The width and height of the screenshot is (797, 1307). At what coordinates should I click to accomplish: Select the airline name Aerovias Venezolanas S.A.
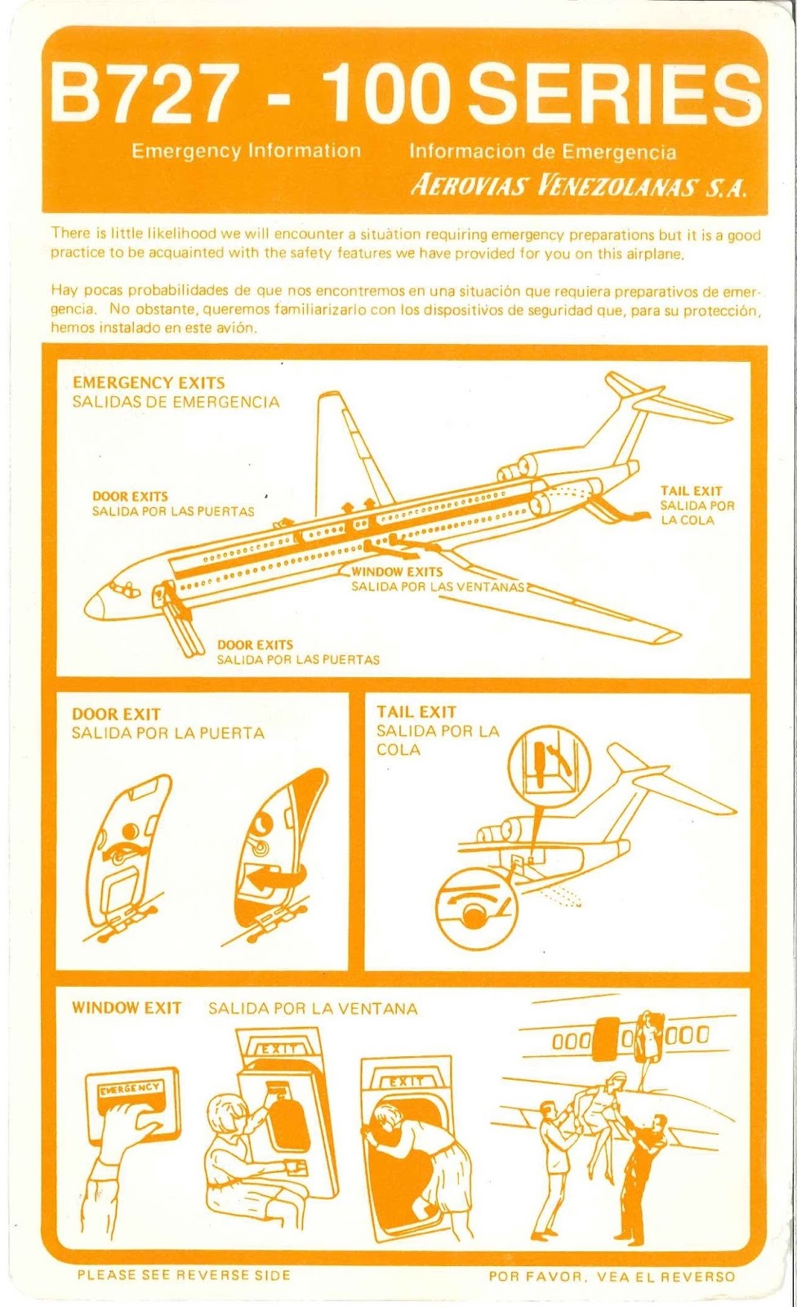point(577,186)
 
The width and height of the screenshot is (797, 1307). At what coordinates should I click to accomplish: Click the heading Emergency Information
point(246,151)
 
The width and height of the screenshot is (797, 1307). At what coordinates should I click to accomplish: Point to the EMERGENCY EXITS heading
point(149,382)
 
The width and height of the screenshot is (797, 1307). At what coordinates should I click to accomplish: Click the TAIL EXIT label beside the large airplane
point(691,491)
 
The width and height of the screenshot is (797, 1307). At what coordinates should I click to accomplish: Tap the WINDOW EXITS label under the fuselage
point(397,572)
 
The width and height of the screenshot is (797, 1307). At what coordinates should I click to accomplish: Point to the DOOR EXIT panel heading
point(116,715)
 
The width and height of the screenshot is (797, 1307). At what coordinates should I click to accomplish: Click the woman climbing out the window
point(416,1144)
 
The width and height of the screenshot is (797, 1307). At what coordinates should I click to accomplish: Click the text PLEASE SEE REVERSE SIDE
point(184,1274)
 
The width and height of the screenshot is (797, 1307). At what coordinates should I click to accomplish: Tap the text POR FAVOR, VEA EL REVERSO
point(612,1276)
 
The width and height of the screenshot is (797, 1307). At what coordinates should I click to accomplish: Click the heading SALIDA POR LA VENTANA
point(313,1009)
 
